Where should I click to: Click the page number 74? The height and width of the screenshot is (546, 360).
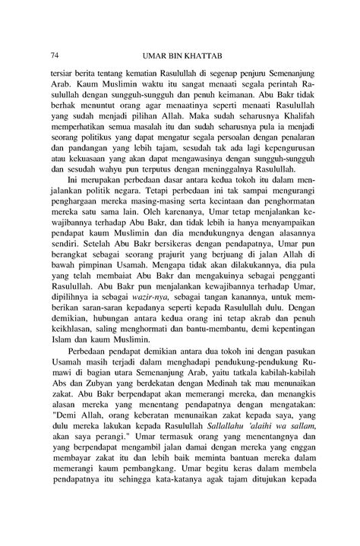point(54,55)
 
